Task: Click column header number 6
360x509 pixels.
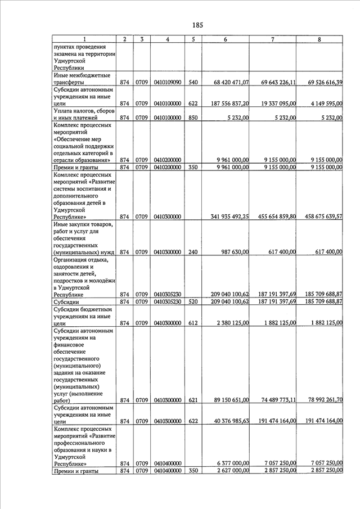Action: (x=225, y=39)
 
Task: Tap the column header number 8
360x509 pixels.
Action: (x=319, y=39)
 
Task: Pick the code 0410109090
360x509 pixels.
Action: (x=167, y=83)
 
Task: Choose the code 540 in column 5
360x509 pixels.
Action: (x=192, y=83)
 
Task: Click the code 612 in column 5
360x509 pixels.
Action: (x=192, y=323)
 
